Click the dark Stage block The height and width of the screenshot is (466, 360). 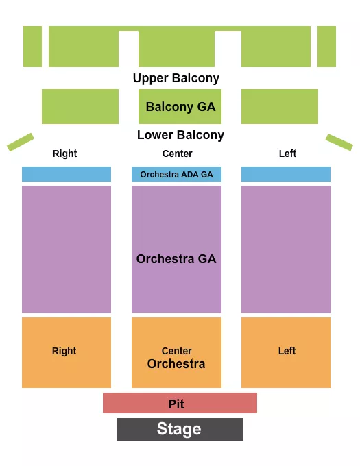180,429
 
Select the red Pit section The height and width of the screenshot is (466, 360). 180,403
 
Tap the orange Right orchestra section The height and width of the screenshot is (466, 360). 66,352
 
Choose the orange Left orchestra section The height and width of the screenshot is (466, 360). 286,352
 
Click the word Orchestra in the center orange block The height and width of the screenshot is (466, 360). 176,364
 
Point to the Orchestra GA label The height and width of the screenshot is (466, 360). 176,259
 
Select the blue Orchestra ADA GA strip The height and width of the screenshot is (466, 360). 176,174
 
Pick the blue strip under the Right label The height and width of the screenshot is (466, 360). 66,174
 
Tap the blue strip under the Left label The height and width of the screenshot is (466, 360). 286,174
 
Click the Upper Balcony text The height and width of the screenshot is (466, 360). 176,78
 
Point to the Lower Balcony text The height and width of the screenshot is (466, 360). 180,135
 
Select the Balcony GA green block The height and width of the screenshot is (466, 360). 180,107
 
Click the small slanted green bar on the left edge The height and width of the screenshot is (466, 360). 21,142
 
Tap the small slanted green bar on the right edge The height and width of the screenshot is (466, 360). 339,142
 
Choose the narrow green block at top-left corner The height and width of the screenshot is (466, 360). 32,47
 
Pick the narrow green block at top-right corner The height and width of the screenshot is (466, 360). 327,47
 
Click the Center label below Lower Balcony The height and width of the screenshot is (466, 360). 177,154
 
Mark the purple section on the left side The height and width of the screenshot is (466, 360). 66,249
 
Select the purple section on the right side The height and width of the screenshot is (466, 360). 286,249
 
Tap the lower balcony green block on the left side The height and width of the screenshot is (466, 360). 80,107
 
